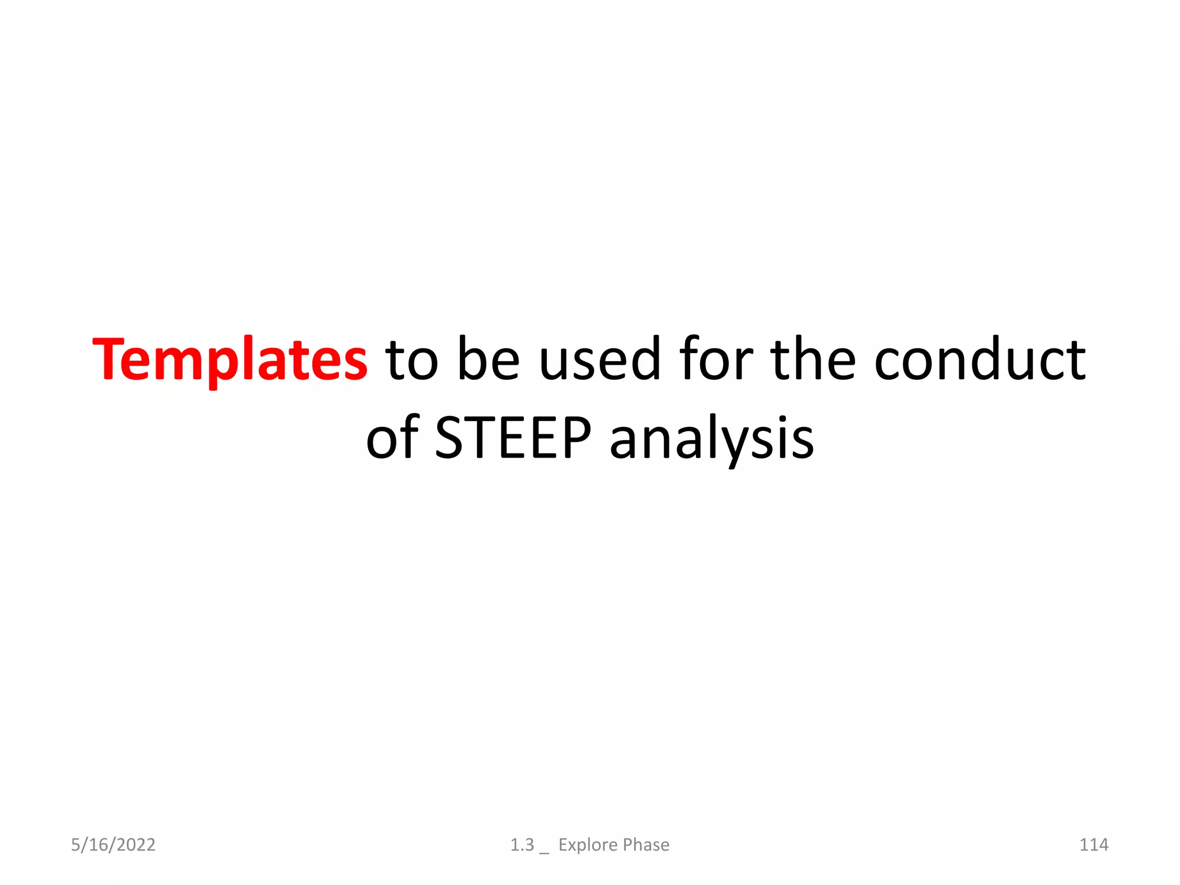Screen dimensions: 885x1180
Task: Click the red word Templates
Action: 229,360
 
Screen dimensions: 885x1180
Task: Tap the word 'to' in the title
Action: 412,360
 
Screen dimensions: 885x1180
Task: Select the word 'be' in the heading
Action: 489,360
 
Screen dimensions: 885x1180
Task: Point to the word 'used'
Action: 599,360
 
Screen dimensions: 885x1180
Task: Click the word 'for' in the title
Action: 716,360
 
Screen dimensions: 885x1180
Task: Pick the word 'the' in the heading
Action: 813,360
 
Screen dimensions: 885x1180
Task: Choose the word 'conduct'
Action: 979,360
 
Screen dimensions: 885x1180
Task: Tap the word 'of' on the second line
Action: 392,438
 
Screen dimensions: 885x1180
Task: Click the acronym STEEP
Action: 513,438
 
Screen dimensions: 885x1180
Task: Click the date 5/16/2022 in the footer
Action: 113,845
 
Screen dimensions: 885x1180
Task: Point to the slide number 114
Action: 1094,845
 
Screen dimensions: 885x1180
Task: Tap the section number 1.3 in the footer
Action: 522,845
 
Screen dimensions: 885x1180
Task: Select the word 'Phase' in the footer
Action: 646,845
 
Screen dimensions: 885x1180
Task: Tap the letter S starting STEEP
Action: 450,438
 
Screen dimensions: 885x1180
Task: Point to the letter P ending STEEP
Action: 576,438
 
